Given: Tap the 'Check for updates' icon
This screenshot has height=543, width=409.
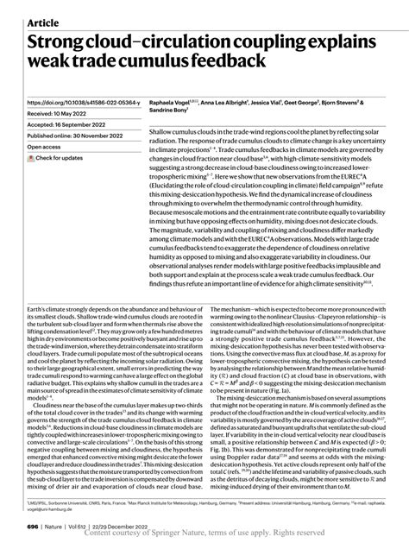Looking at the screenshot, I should click(32, 158).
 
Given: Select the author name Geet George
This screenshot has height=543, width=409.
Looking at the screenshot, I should click(332, 102).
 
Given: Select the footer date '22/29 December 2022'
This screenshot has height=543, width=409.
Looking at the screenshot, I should click(127, 526).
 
